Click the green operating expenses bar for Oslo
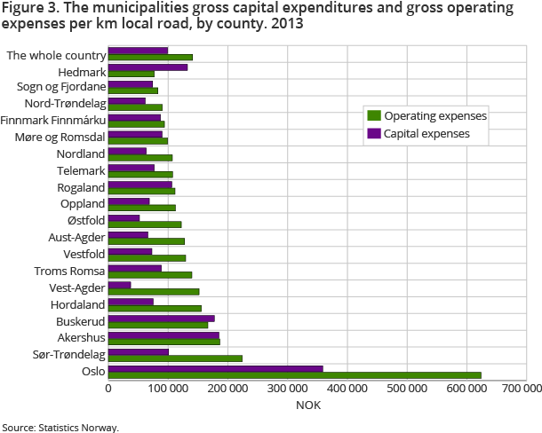[294, 375]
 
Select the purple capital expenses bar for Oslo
[215, 367]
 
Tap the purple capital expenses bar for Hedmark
[147, 67]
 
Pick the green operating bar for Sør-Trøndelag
[175, 358]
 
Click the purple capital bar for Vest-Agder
[120, 285]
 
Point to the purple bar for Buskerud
[161, 318]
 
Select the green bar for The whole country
[150, 58]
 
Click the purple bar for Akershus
[163, 335]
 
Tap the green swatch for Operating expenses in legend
[374, 115]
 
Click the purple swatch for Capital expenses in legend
[374, 134]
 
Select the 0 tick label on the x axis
[108, 388]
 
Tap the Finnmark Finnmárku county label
[53, 120]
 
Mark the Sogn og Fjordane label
[61, 87]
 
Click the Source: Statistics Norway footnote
[60, 427]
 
